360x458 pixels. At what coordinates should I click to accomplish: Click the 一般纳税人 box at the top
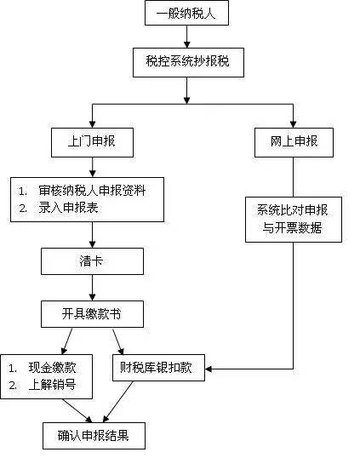click(186, 14)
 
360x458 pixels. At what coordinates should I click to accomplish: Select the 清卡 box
click(92, 261)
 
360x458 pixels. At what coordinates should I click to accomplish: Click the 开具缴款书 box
click(92, 314)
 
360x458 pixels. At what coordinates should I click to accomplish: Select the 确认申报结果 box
click(94, 436)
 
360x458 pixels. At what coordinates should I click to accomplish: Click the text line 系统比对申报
click(294, 209)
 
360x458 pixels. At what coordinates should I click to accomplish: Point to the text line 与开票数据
click(294, 228)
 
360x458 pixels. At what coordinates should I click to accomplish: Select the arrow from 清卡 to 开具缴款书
click(92, 288)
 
